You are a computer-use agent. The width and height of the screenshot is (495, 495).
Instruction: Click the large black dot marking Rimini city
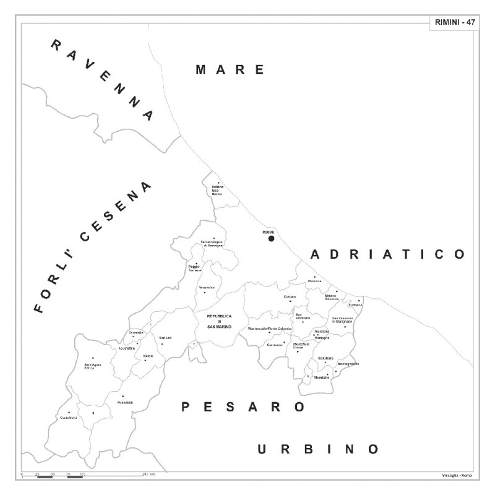pos(271,238)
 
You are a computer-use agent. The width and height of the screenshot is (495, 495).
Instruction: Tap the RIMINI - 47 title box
pos(454,22)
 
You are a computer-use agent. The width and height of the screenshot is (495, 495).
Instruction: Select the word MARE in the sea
pos(230,69)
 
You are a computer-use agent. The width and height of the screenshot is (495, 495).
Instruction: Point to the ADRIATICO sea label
pos(387,254)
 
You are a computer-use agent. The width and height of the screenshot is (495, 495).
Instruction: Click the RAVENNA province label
pos(102,79)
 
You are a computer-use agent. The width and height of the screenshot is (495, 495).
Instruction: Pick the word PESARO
pos(243,407)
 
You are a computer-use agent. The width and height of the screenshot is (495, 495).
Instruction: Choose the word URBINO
pos(318,449)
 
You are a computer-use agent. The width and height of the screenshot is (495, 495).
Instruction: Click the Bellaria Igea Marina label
pos(217,191)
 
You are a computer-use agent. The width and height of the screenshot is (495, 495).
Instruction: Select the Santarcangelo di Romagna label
pos(211,244)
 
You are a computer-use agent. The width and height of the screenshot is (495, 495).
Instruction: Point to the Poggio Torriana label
pos(195,270)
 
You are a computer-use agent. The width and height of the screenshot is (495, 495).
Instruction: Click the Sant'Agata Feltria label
pos(93,366)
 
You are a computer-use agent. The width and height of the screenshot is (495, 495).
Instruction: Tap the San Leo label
pos(165,338)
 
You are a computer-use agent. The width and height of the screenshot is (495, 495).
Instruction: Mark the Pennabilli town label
pos(125,403)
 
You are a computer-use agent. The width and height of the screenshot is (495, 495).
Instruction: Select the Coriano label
pos(290,297)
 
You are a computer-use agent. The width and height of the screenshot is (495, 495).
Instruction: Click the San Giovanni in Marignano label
pos(342,321)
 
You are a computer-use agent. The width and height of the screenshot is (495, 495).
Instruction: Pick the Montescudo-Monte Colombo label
pos(269,328)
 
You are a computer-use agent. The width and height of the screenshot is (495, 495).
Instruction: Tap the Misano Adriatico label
pos(332,298)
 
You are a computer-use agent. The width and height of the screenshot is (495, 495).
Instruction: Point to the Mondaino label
pos(322,377)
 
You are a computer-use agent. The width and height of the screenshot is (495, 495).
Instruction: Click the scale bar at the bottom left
pos(53,476)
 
